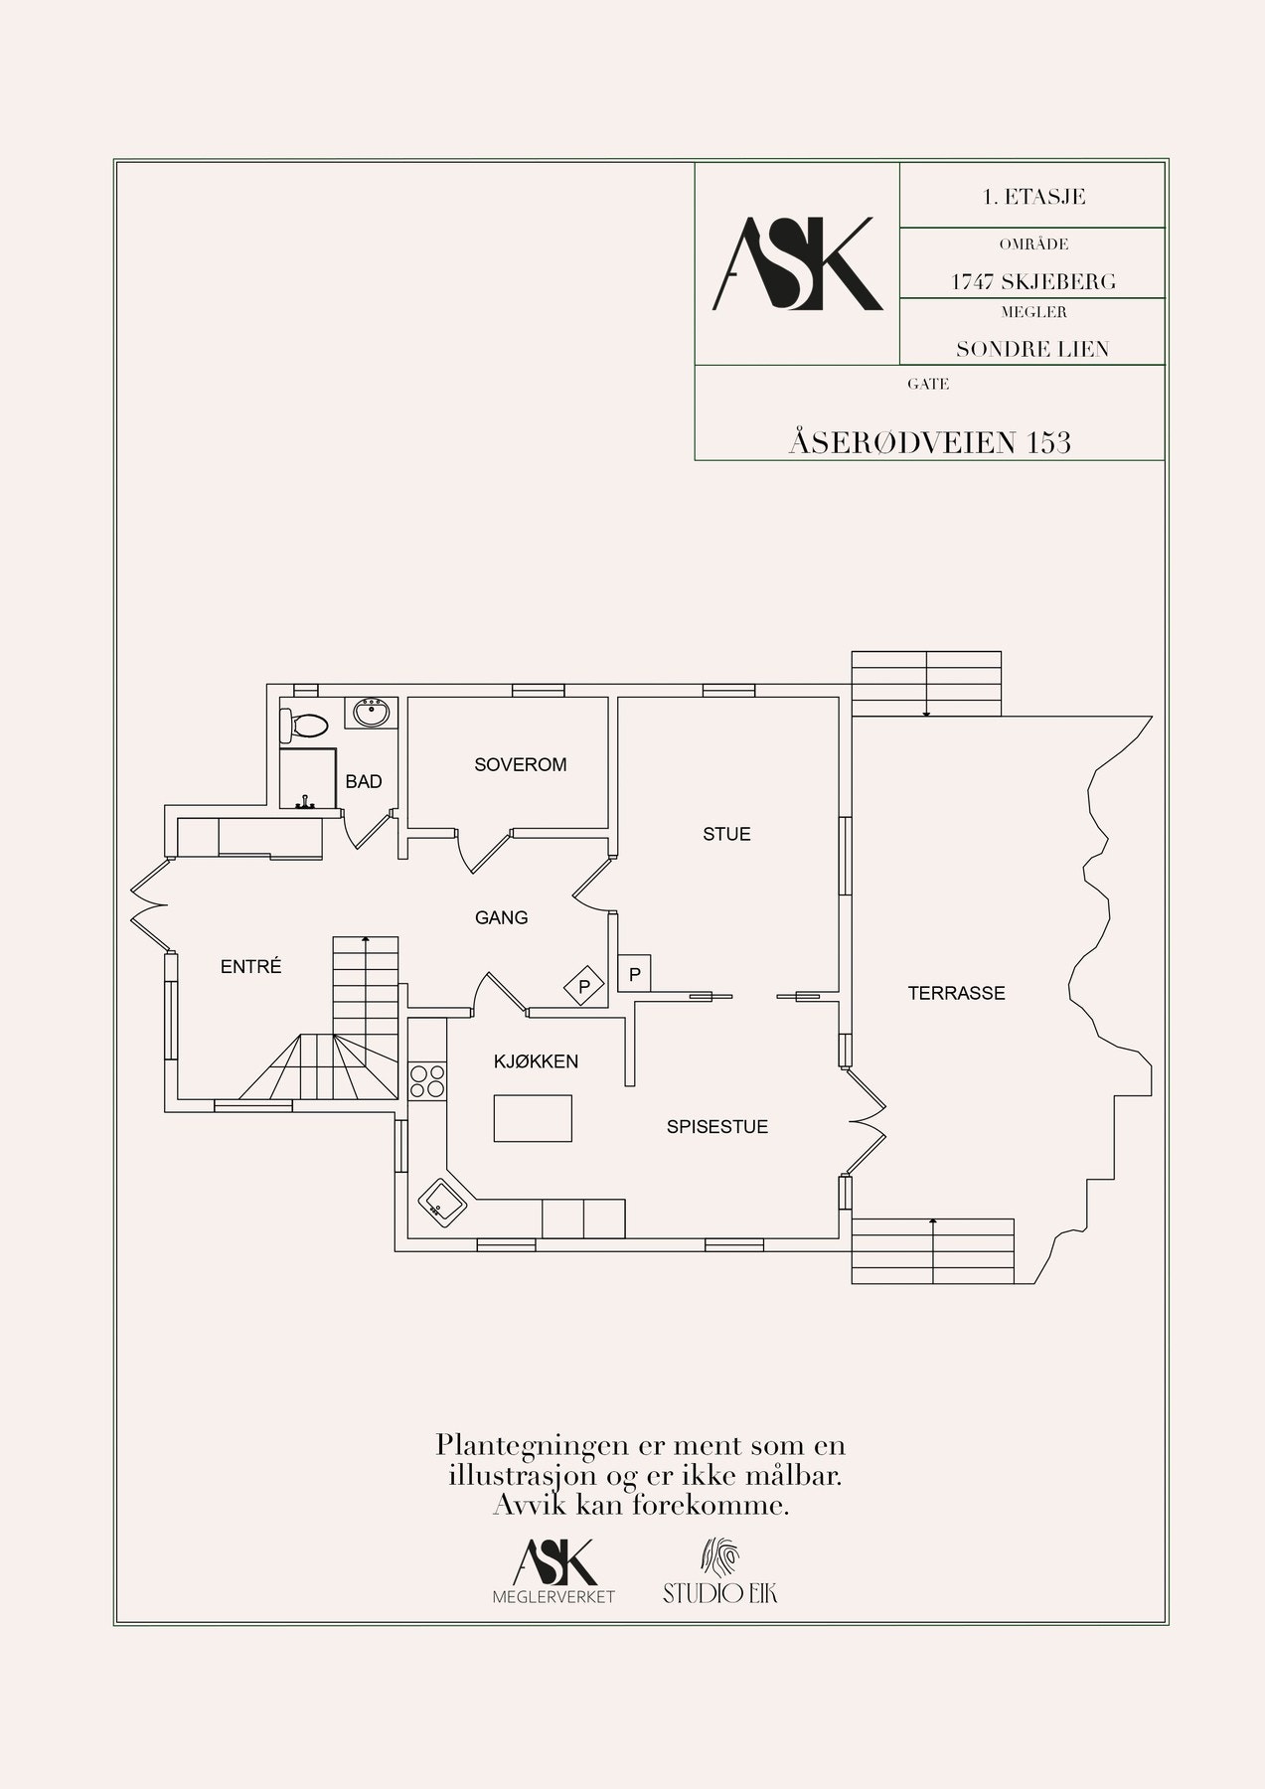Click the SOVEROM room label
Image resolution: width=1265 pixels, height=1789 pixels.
520,764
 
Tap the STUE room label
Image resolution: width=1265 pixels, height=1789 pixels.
726,834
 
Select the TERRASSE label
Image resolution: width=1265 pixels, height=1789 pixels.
956,993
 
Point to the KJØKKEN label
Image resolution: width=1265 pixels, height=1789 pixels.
536,1061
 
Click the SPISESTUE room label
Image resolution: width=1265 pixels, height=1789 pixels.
717,1127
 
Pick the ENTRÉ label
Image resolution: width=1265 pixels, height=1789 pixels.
251,966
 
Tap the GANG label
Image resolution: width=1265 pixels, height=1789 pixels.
501,917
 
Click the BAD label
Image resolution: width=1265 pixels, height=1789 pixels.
364,782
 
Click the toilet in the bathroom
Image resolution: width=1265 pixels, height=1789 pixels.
304,727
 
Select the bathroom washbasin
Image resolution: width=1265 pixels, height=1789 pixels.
373,713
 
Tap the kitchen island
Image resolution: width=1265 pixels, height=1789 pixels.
534,1117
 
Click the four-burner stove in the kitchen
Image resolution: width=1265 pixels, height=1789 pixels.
427,1081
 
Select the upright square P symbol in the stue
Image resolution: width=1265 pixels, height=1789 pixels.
634,974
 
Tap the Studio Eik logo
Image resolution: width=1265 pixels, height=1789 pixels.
720,1570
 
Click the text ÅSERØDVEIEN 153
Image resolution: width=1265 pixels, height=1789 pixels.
930,441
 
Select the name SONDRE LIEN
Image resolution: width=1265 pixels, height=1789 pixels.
1032,349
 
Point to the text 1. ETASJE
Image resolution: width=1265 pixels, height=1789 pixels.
1033,196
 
